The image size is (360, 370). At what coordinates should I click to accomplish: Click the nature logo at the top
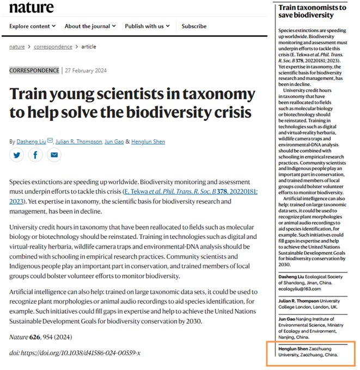(32, 7)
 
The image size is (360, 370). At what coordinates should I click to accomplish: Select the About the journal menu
(90, 26)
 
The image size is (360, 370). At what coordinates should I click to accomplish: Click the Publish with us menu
(147, 26)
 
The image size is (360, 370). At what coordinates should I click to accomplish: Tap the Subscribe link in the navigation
(194, 26)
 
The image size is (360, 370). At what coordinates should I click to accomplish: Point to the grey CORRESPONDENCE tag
(34, 70)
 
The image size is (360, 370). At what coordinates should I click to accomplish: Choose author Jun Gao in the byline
(115, 141)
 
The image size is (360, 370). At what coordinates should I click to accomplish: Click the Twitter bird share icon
(17, 156)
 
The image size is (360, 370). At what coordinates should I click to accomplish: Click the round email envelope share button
(53, 156)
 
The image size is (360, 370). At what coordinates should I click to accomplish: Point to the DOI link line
(75, 353)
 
